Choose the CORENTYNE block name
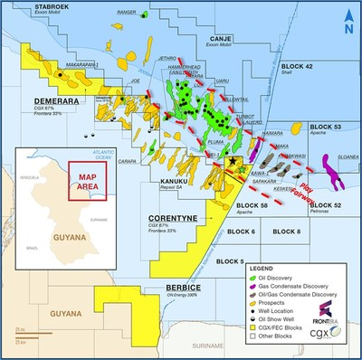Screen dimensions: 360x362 click(x=171, y=219)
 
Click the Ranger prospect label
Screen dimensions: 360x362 click(x=127, y=14)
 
